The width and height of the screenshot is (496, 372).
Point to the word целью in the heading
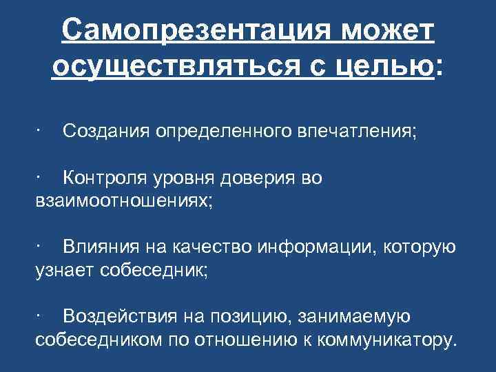390,67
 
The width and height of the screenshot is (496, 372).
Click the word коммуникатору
386,340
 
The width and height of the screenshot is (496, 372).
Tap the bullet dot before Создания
41,130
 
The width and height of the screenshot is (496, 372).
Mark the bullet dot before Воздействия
41,316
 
